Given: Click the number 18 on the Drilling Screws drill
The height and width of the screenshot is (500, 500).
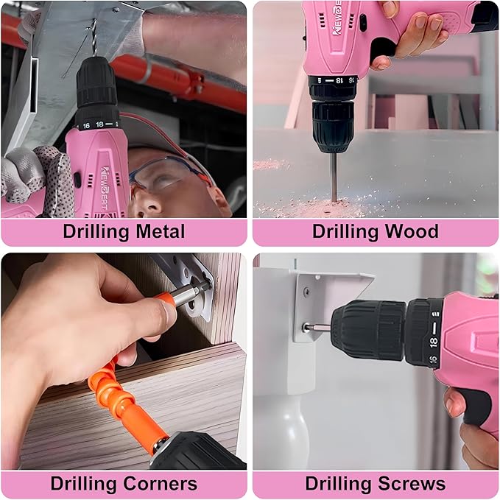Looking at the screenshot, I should [434, 341].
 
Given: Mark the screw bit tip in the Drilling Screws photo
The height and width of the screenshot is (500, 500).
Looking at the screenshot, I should [308, 327].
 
